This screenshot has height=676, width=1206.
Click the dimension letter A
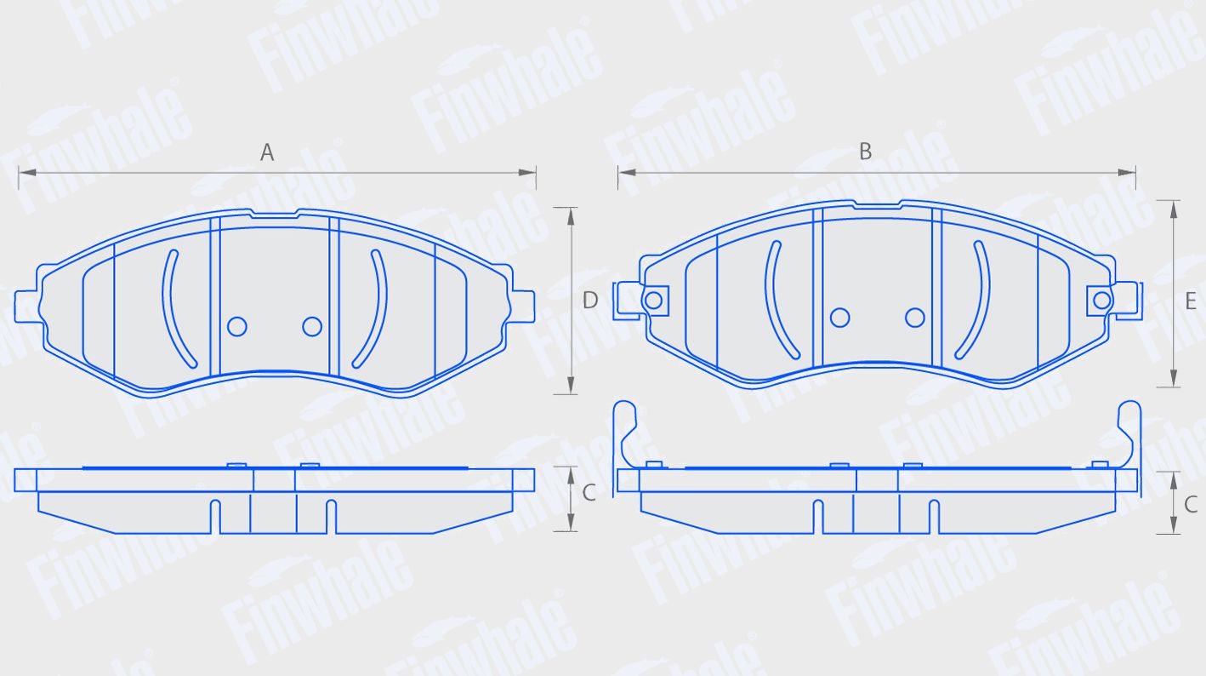[x=267, y=152]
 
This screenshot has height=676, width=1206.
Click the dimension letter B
[x=865, y=152]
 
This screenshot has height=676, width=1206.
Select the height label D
[x=590, y=300]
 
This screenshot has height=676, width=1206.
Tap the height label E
[x=1191, y=301]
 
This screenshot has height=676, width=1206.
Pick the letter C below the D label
[x=589, y=493]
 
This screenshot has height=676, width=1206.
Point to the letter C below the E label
[x=1191, y=505]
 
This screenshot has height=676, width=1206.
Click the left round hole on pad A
[x=237, y=326]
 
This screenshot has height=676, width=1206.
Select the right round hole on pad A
[x=312, y=326]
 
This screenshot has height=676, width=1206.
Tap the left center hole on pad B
[x=839, y=318]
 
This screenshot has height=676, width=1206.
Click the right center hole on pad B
[x=915, y=318]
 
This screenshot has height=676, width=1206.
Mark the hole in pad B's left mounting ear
[x=653, y=300]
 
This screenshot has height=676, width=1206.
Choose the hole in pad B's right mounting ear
[x=1101, y=300]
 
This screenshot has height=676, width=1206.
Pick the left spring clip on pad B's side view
[x=625, y=434]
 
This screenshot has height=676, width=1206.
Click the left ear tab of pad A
[x=26, y=306]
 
